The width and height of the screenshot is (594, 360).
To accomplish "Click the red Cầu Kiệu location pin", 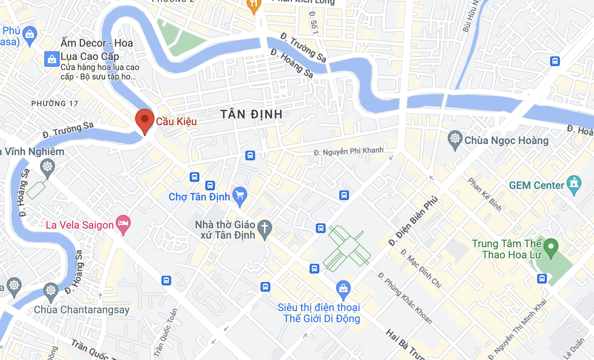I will [144, 120].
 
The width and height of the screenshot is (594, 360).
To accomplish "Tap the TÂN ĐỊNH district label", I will [251, 114].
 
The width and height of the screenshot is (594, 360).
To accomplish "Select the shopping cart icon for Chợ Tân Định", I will [240, 195].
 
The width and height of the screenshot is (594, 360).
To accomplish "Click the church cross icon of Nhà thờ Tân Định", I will [265, 228].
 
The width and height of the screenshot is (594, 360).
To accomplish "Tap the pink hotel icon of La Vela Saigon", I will [123, 223].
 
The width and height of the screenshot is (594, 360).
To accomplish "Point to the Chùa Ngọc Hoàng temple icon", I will [455, 139].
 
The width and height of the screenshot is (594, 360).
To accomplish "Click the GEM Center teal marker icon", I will [574, 184].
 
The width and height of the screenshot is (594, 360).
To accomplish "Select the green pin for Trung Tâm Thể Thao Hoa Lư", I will [551, 247].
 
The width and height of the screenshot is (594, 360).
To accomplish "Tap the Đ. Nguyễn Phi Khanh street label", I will [348, 151].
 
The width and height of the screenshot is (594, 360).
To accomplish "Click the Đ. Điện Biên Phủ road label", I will [413, 221].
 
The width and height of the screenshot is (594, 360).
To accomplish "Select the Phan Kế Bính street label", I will [484, 194].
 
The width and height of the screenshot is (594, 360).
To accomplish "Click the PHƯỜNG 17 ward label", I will [55, 104].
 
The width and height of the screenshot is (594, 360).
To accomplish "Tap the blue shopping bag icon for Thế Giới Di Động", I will [343, 289].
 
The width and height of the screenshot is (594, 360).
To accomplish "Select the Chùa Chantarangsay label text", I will [82, 310].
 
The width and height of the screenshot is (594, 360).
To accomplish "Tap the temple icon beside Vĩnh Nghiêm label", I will [48, 167].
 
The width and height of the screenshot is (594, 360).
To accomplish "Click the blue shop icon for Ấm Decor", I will [52, 59].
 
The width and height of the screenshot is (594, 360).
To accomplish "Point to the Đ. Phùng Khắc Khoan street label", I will [405, 298].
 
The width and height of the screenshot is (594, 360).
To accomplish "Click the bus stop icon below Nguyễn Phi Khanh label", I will [344, 195].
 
